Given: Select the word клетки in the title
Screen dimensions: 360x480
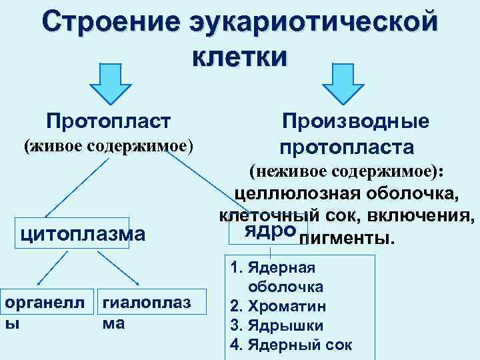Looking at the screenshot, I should tap(240, 57).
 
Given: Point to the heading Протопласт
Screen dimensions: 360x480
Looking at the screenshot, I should tap(109, 121).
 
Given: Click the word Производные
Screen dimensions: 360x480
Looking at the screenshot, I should tap(355, 121).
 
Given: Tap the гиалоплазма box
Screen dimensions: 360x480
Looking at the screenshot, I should tap(144, 312).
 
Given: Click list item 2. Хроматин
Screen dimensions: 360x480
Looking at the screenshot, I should tap(277, 307).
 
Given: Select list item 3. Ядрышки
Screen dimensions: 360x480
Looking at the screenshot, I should tap(276, 326).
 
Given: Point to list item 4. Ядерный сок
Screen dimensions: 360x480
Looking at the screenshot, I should tap(291, 345).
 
